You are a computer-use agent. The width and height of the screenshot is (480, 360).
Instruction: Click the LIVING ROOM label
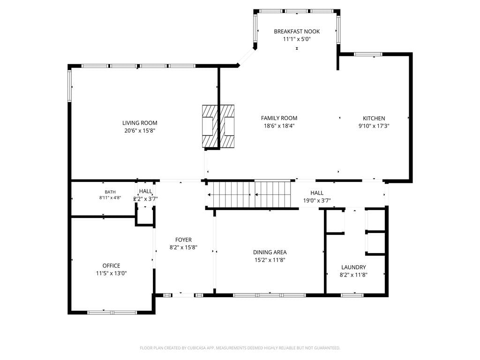pos(140,123)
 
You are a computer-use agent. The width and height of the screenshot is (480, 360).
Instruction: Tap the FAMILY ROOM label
pos(279,118)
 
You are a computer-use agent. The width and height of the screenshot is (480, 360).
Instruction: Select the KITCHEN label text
pos(374,118)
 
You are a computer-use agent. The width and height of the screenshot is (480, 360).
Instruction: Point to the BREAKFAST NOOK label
pos(297,31)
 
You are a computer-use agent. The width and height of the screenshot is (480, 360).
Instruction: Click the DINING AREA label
pos(270,252)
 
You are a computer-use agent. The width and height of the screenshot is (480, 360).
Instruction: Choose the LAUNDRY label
pos(353,267)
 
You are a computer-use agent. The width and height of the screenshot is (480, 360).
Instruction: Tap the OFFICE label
pos(111,265)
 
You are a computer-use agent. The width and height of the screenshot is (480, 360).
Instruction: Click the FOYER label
pos(183,240)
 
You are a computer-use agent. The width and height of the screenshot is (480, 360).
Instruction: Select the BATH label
pos(110,192)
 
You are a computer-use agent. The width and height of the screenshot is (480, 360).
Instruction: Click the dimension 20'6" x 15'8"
pos(140,130)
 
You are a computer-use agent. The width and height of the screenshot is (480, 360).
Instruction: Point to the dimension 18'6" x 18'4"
pos(279,126)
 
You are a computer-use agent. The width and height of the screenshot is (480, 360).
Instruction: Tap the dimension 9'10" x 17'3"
pos(374,126)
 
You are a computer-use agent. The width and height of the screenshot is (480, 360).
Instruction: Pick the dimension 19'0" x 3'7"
pos(317,201)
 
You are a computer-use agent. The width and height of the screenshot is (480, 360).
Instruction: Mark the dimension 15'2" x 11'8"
pos(270,260)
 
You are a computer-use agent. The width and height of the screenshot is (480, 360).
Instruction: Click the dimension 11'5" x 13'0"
pos(111,273)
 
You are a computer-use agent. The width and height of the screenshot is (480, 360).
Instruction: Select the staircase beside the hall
pos(248,195)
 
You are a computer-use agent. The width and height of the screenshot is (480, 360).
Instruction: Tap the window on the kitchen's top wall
pos(368,54)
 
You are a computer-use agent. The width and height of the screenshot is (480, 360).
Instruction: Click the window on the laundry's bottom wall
pos(352,295)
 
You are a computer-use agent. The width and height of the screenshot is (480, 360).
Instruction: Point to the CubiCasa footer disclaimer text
pos(240,348)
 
